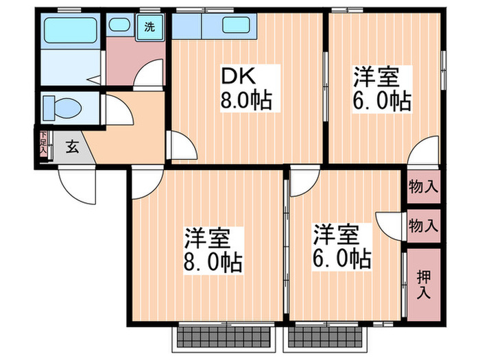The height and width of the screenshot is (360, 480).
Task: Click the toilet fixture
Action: (62, 108)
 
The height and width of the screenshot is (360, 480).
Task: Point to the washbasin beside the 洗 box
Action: (121, 27)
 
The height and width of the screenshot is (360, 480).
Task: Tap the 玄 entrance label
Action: (71, 146)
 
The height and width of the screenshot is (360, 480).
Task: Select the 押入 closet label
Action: (422, 283)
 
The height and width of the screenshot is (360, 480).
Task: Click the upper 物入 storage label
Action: (422, 185)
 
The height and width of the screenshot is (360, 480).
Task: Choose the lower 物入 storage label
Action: (422, 224)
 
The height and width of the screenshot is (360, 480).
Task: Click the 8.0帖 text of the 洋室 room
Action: (212, 261)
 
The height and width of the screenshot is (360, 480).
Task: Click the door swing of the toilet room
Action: (112, 110)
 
